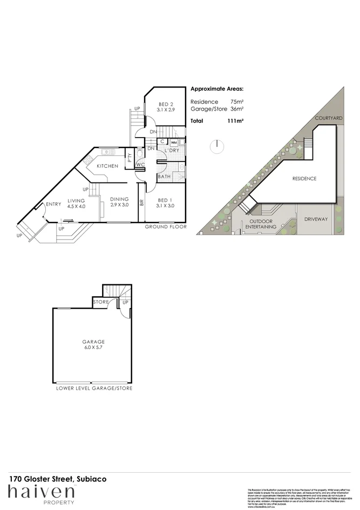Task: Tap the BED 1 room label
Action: [165, 199]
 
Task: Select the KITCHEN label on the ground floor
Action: [107, 166]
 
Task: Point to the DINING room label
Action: [119, 199]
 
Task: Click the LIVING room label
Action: [76, 200]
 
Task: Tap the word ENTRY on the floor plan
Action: [53, 204]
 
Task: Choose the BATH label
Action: [165, 176]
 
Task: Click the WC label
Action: [139, 164]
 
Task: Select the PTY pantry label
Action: [130, 158]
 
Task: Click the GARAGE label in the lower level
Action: [93, 342]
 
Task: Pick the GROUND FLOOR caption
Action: [166, 227]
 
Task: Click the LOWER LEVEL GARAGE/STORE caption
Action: [94, 388]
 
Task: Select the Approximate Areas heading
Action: [217, 89]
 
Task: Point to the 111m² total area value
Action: [236, 121]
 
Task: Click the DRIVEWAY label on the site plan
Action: [316, 219]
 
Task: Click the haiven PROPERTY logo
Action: [41, 493]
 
